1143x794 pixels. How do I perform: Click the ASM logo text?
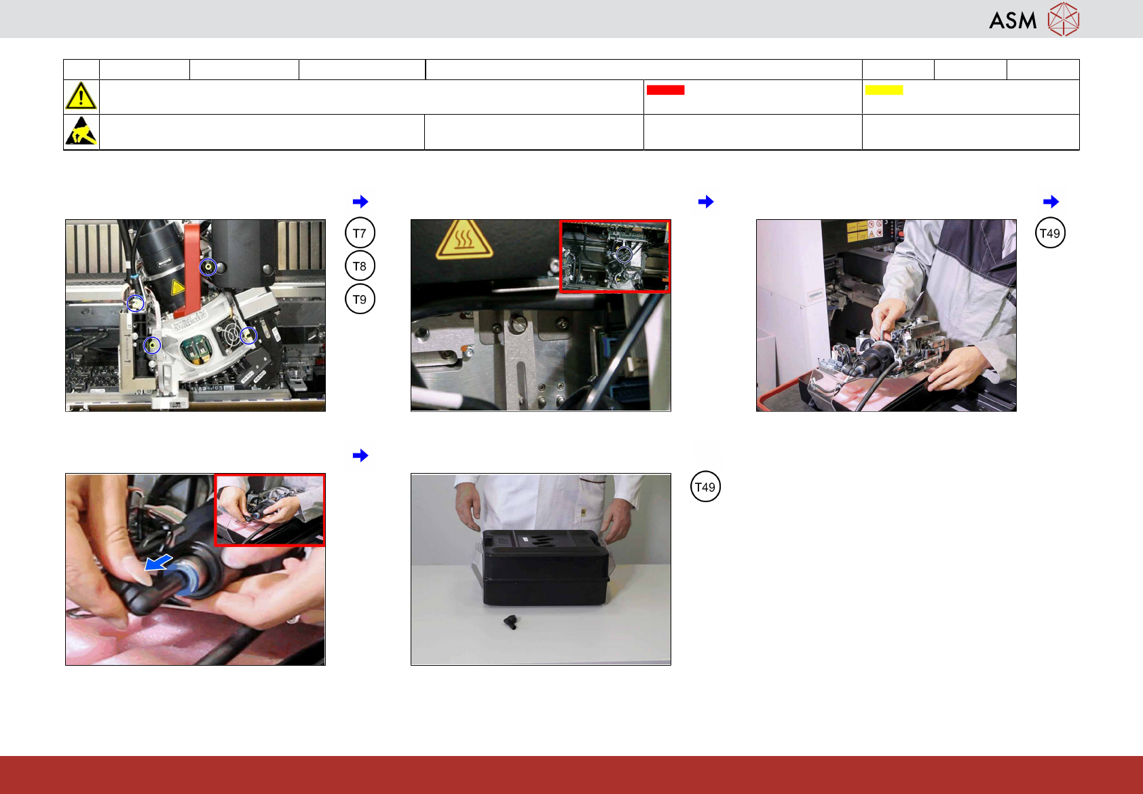pos(1013,20)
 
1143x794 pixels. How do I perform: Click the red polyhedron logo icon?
pos(1064,19)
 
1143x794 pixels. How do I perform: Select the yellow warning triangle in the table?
pos(81,96)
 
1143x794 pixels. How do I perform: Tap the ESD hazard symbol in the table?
pos(81,131)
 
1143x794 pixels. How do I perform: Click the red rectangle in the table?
pos(665,90)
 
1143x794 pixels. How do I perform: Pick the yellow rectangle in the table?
pos(884,90)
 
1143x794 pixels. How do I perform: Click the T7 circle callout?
pos(360,233)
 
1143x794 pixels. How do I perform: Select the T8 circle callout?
pos(360,266)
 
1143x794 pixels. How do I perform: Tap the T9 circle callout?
pos(360,299)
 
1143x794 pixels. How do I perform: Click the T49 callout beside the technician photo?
pos(1050,233)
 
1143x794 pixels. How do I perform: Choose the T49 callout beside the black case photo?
pos(705,487)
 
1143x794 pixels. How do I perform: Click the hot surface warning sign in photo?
pos(464,239)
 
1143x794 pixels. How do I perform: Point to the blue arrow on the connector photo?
pos(158,563)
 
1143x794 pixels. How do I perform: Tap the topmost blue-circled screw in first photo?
pos(208,267)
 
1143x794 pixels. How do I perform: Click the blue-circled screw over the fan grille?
pos(248,335)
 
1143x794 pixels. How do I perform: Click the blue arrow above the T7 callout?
pos(360,202)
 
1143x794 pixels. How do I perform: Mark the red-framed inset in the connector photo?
pos(270,510)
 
